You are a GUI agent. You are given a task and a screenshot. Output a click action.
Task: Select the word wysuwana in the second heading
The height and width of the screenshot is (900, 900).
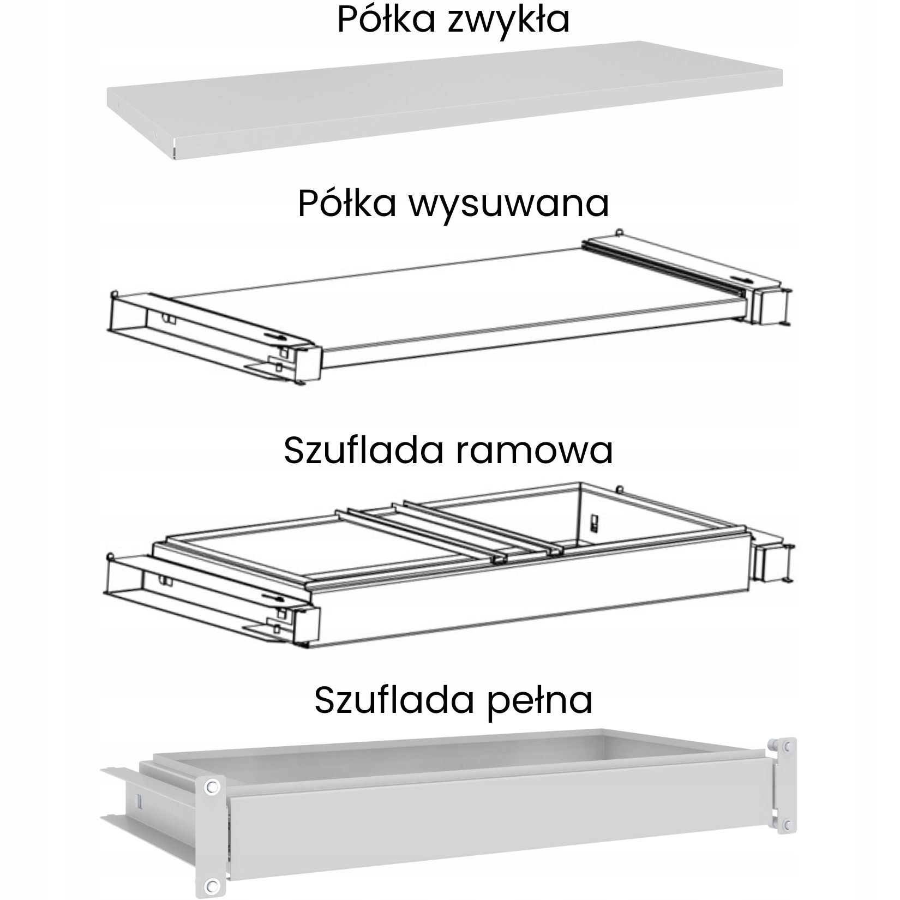pyautogui.click(x=509, y=203)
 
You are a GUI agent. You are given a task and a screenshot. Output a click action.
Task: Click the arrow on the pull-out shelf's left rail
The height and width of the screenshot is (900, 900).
pyautogui.click(x=274, y=336)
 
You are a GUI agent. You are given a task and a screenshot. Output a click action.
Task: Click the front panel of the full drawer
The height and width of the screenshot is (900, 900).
pyautogui.click(x=491, y=832)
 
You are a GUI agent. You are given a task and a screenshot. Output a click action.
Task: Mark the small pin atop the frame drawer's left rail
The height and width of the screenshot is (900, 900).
pyautogui.click(x=112, y=556)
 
